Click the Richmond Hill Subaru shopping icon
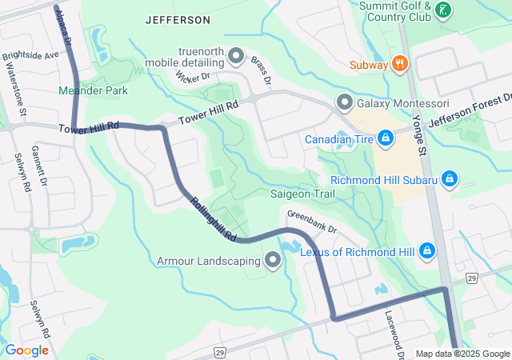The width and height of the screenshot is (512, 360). (450, 179)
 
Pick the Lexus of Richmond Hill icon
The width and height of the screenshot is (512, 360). (427, 252)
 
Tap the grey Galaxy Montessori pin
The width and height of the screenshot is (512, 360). (345, 103)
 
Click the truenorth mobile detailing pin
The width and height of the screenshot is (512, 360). (236, 55)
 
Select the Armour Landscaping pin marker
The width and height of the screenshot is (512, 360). (273, 261)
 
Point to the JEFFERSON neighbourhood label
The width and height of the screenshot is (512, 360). (178, 19)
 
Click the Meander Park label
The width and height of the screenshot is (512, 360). (93, 90)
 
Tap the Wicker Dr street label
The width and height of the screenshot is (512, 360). (192, 78)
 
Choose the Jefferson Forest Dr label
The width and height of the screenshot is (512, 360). (470, 111)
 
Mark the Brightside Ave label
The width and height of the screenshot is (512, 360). (30, 57)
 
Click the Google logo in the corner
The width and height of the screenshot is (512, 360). (26, 350)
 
